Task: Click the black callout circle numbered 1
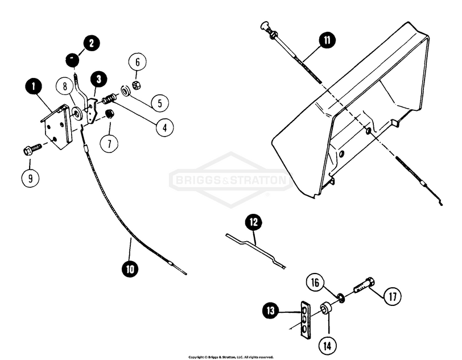[35, 88]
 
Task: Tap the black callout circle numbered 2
[91, 43]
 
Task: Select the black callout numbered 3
[100, 78]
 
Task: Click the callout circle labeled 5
[159, 102]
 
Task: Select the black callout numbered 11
[328, 40]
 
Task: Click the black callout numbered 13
[270, 311]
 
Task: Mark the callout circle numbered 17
[393, 296]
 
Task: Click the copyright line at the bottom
[231, 357]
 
